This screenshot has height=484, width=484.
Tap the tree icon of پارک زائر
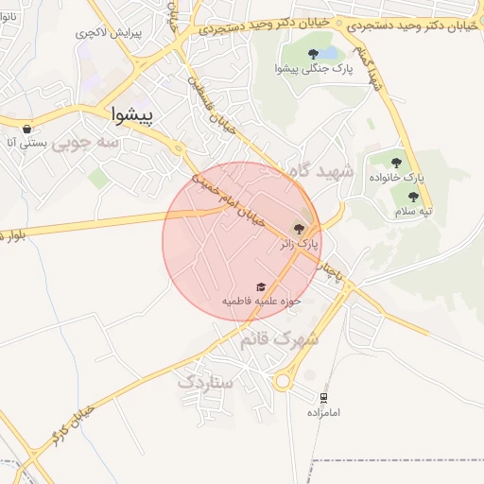click(300, 229)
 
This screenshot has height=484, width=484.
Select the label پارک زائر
click(301, 244)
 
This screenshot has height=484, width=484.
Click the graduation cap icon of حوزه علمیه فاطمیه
click(261, 286)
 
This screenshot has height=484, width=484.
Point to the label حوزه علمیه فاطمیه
click(261, 301)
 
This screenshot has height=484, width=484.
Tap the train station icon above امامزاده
click(324, 398)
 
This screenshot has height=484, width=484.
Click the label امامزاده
click(323, 413)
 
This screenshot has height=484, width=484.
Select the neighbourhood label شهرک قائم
click(279, 337)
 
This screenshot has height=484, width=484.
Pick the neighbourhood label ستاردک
click(205, 382)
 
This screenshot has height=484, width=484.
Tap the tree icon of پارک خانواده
click(396, 163)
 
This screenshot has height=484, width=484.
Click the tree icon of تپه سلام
click(413, 197)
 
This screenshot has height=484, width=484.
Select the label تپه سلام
click(413, 211)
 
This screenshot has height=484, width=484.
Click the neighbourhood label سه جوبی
click(85, 143)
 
